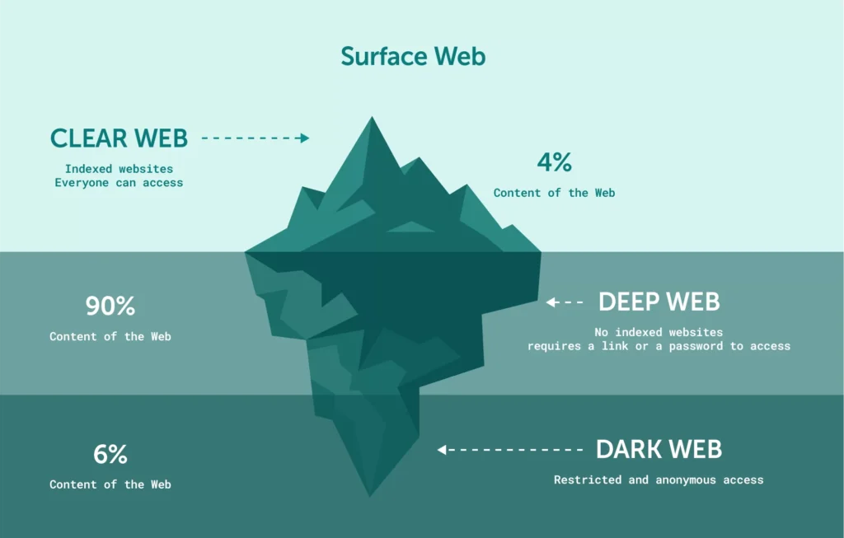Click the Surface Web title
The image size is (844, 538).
[x=413, y=56]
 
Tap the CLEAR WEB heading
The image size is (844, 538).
[x=119, y=138]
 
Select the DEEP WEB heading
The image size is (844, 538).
[x=659, y=302]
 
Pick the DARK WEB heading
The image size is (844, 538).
[x=659, y=449]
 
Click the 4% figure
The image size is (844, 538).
[x=554, y=162]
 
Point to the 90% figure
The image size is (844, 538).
[x=110, y=306]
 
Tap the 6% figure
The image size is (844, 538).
[x=110, y=454]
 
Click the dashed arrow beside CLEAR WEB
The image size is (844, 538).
[x=255, y=138]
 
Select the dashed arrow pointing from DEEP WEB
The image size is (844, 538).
[x=565, y=302]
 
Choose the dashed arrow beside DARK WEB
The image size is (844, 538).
[x=510, y=450]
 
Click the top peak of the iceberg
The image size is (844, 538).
[x=372, y=119]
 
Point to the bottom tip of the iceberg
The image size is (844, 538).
[x=369, y=494]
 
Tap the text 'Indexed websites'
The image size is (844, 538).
[x=119, y=169]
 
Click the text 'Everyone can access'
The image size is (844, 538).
[x=119, y=182]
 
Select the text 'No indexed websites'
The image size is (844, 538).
[x=659, y=333]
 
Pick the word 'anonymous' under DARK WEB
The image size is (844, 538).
[x=687, y=480]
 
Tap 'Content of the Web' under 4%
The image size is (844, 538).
[x=554, y=193]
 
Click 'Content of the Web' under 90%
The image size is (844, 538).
[x=110, y=336]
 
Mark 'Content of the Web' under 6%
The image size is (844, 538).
[x=110, y=484]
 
